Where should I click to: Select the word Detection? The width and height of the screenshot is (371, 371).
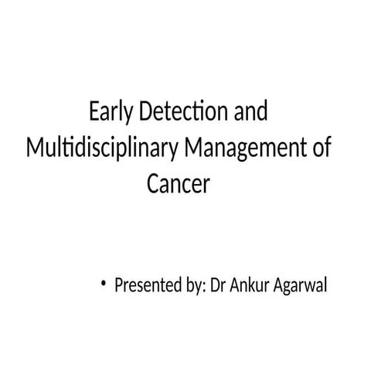(182, 113)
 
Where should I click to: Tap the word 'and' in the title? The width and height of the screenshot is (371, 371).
(250, 113)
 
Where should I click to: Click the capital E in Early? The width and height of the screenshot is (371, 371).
(94, 113)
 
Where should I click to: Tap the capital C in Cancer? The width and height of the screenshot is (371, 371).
(152, 184)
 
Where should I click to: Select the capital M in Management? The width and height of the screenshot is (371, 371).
(191, 148)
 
